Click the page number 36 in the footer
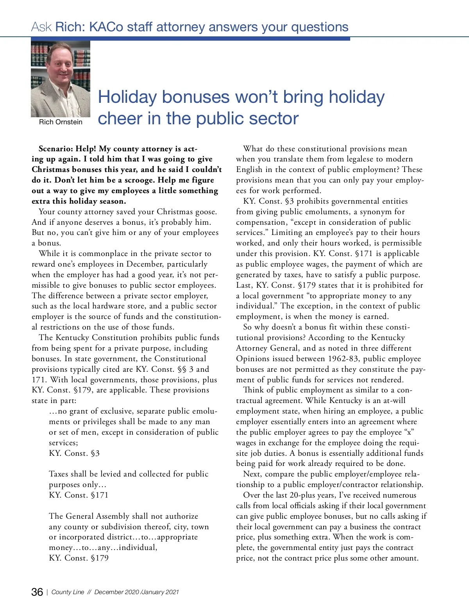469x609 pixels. (37, 592)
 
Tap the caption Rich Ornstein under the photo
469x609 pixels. (61, 122)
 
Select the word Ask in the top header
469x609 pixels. (41, 27)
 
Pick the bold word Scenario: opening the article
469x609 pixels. (56, 149)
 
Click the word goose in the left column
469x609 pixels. (206, 212)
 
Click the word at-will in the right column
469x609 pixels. (391, 401)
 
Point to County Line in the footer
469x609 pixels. (68, 592)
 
